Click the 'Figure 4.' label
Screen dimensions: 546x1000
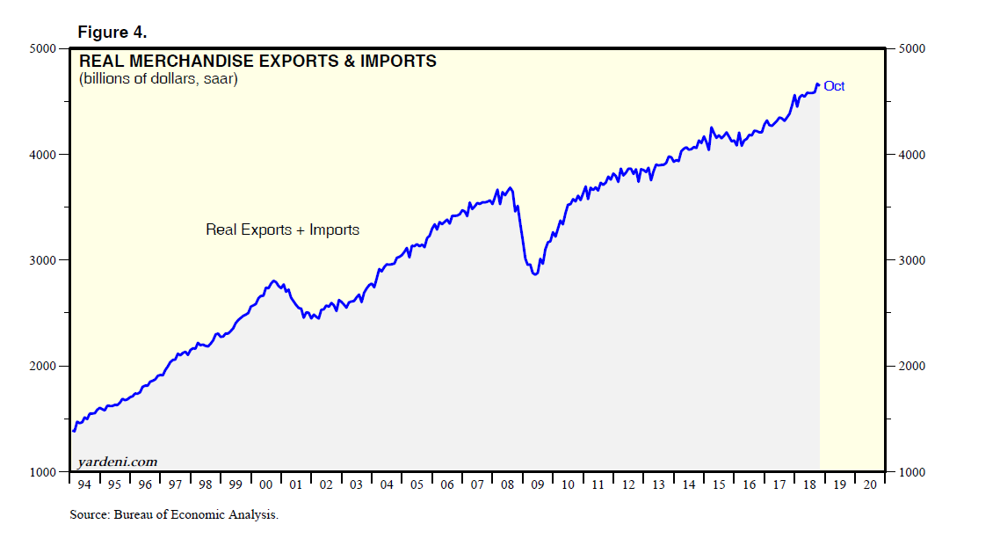(112, 33)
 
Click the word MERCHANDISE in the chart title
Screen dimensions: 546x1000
(219, 62)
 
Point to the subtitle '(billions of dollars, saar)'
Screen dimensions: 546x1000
(158, 79)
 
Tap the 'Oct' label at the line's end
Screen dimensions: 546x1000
(834, 86)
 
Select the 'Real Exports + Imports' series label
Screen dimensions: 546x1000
(282, 229)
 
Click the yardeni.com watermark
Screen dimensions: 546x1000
(118, 462)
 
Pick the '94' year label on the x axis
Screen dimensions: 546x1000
(84, 484)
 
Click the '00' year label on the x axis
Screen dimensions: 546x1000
(265, 484)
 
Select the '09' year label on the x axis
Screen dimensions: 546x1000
(536, 484)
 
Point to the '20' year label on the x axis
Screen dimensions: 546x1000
(868, 484)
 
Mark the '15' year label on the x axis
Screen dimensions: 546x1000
(717, 484)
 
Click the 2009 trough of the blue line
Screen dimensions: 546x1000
(534, 274)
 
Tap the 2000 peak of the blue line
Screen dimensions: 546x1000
(274, 281)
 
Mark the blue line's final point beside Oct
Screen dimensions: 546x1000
(818, 85)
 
